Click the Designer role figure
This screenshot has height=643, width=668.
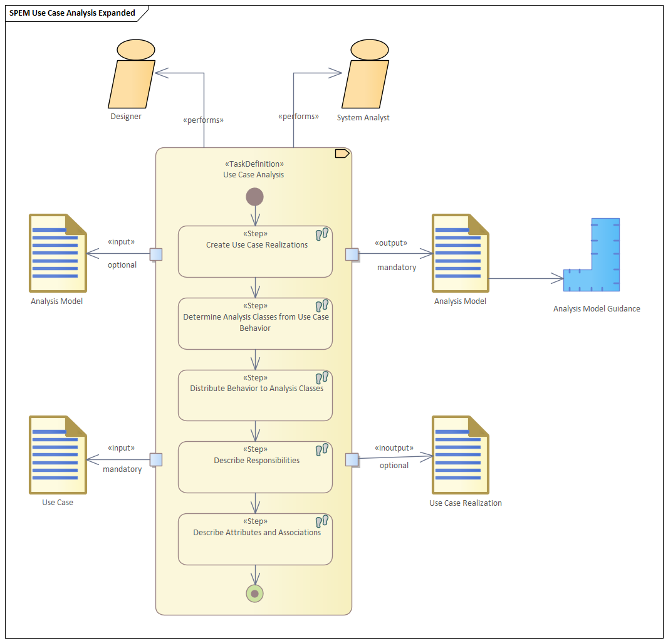click(x=132, y=76)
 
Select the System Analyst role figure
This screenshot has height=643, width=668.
click(x=365, y=76)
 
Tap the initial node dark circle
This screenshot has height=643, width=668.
click(x=254, y=197)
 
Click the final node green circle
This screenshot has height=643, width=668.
click(x=254, y=593)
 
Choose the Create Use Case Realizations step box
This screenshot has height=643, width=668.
click(x=255, y=251)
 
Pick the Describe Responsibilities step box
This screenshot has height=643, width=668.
click(x=255, y=467)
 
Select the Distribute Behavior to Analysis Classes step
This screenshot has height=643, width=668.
click(x=255, y=395)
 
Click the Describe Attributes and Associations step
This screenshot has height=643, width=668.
click(x=255, y=539)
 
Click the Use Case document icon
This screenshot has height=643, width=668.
click(x=58, y=454)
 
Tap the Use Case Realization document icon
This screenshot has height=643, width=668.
click(x=461, y=454)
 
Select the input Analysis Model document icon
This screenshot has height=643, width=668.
click(x=58, y=253)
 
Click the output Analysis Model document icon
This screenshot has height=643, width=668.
click(x=461, y=253)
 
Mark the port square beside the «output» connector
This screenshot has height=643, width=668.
click(x=352, y=254)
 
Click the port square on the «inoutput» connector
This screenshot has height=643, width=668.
click(x=352, y=460)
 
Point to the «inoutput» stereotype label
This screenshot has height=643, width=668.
click(x=394, y=448)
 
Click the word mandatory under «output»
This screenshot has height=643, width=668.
click(x=397, y=268)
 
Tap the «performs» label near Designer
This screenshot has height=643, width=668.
click(x=203, y=120)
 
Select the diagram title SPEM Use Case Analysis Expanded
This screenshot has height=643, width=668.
click(x=72, y=13)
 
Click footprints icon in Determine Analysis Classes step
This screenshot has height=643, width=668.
click(x=322, y=306)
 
